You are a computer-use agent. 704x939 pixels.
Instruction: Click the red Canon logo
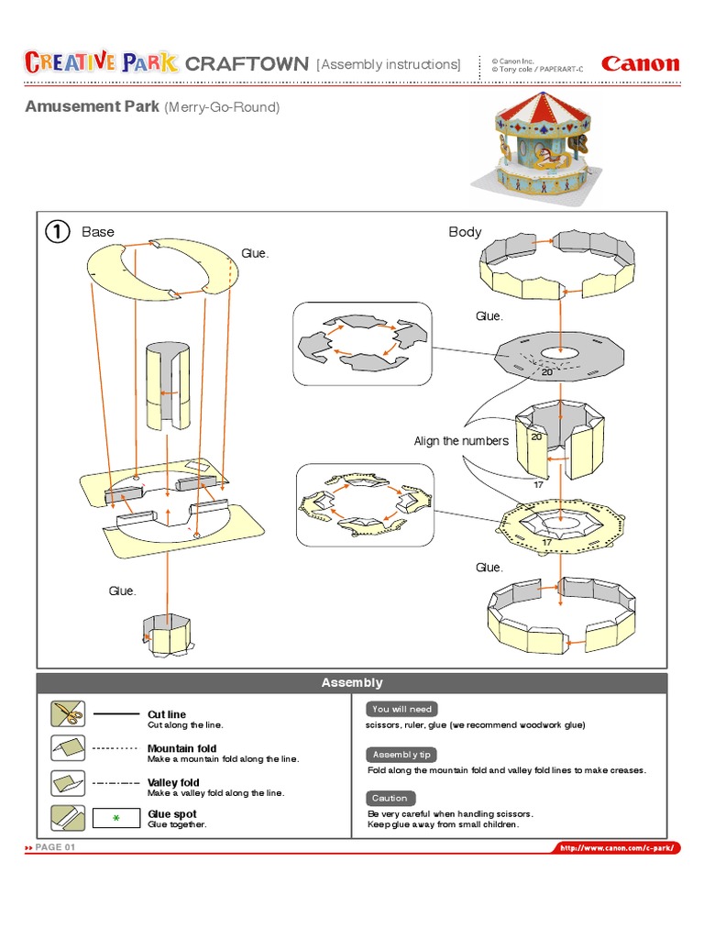[640, 64]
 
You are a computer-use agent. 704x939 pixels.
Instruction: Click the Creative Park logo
[101, 63]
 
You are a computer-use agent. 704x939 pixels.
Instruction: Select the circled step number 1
[57, 232]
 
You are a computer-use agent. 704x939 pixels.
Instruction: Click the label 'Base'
[98, 232]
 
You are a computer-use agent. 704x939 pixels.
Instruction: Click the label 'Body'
[465, 232]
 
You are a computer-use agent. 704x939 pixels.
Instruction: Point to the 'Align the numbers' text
[460, 441]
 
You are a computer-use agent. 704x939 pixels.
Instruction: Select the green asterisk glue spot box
[115, 818]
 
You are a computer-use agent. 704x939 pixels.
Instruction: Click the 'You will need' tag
[401, 709]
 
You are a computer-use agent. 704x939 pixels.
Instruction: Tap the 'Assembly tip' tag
[401, 754]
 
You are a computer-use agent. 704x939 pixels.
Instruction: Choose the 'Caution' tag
[390, 798]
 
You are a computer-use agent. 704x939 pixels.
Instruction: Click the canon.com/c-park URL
[619, 848]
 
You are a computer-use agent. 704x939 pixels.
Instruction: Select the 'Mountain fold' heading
[181, 748]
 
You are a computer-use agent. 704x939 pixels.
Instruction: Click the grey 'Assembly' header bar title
[352, 683]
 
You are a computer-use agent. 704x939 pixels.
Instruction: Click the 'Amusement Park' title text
[92, 107]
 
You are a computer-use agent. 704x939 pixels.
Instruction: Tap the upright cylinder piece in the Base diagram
[167, 387]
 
